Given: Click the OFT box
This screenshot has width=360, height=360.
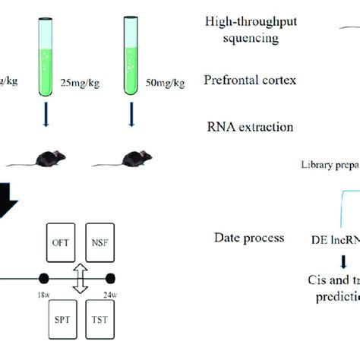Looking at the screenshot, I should tap(62, 221).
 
